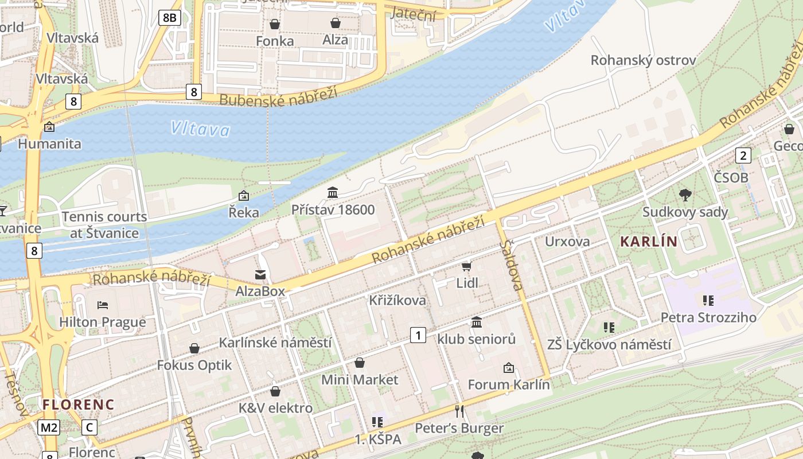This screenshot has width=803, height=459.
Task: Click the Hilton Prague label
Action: point(103,322)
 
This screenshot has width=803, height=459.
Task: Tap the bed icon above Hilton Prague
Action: point(103,305)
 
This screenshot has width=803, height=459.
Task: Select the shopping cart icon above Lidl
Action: point(467,266)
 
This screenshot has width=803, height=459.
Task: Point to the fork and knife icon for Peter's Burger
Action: point(459,411)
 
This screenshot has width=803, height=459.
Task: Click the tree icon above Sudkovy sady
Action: point(685,195)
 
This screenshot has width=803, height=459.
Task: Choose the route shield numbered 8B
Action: point(170,18)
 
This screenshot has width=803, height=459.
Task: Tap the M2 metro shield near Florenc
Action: point(49,427)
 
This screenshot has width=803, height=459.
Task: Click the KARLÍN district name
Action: point(649,242)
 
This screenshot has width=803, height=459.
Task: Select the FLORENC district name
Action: point(79,404)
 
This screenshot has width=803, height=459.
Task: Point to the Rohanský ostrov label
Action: point(643,60)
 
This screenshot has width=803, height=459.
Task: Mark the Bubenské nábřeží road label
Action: point(279,96)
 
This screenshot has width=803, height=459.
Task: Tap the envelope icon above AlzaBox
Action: point(260,275)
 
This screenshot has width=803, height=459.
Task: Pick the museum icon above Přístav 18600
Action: point(333,192)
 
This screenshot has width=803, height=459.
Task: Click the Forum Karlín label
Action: point(509,384)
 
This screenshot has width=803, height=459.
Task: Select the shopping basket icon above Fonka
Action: point(275,24)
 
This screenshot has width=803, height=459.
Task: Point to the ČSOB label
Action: point(731,177)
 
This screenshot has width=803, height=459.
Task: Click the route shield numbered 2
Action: point(743,155)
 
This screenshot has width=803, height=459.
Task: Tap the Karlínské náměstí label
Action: point(275,343)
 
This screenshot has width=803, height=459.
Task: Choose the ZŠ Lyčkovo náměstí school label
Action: point(609,345)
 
